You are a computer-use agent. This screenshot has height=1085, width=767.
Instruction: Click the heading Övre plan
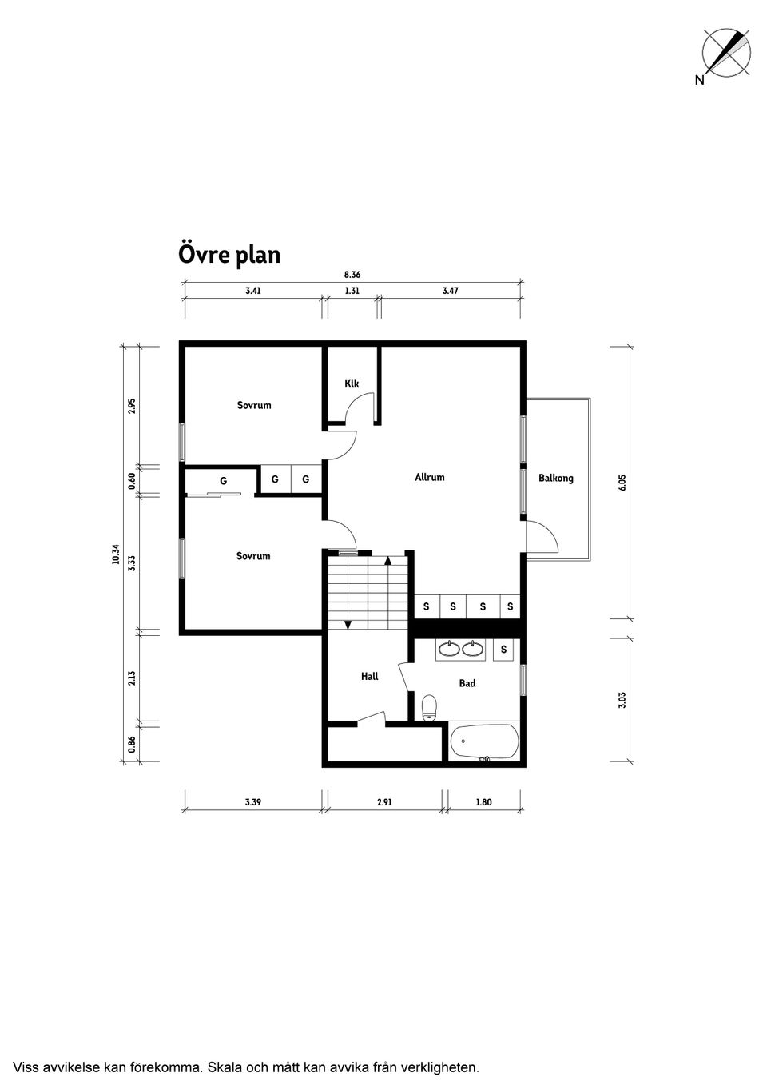click(229, 255)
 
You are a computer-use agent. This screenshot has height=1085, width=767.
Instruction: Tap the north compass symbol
click(725, 54)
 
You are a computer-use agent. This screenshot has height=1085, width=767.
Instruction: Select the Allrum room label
click(429, 478)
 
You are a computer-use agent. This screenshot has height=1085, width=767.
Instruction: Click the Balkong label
click(555, 479)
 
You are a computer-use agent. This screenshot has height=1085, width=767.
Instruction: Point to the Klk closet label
click(352, 384)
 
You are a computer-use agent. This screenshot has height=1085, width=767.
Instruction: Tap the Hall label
click(369, 677)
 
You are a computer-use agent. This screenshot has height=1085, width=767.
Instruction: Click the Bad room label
click(467, 684)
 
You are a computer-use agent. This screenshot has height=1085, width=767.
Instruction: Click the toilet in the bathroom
click(430, 707)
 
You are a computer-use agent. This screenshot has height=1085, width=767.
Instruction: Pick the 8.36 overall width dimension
click(352, 275)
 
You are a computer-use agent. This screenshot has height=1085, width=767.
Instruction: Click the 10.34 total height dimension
click(117, 554)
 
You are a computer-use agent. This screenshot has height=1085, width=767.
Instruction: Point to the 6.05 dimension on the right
click(622, 483)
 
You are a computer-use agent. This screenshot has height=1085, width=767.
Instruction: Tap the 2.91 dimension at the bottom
click(384, 802)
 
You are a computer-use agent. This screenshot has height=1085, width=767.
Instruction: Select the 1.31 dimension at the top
click(352, 292)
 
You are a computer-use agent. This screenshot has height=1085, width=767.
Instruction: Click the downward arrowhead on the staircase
click(348, 625)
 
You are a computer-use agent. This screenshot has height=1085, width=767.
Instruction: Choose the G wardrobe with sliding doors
click(223, 482)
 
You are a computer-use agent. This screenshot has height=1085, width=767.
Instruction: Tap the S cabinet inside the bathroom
click(503, 650)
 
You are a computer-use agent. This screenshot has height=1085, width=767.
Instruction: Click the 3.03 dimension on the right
click(622, 700)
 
